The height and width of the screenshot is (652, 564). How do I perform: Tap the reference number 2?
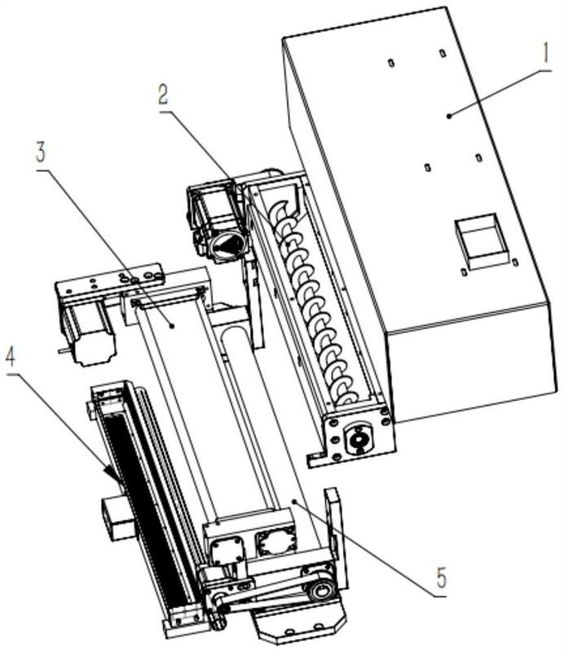point(163,95)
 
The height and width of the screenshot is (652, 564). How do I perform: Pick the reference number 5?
point(441,577)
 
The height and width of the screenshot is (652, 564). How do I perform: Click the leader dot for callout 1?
point(449,117)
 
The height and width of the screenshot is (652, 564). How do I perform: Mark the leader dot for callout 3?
point(171,327)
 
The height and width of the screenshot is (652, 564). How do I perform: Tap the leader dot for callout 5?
point(294,501)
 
